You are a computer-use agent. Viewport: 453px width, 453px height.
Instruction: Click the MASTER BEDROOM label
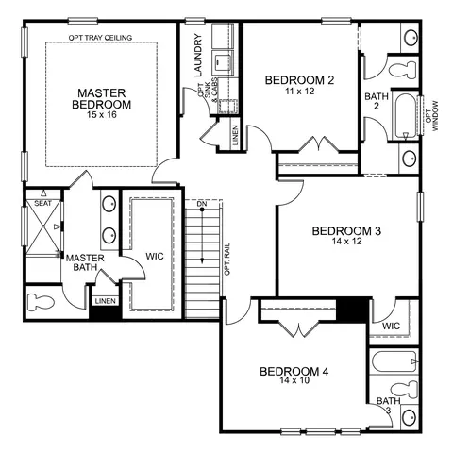pyautogui.click(x=101, y=98)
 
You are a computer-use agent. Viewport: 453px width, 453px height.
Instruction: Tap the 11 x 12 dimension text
pyautogui.click(x=300, y=92)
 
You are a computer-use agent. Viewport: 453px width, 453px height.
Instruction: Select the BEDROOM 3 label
pyautogui.click(x=346, y=231)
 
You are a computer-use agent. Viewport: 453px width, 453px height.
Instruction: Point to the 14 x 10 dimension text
pyautogui.click(x=294, y=380)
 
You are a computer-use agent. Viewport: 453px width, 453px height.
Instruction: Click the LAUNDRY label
pyautogui.click(x=198, y=55)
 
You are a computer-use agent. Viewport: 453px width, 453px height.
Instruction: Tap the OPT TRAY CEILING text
pyautogui.click(x=100, y=38)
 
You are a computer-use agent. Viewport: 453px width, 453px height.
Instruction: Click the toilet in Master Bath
pyautogui.click(x=41, y=302)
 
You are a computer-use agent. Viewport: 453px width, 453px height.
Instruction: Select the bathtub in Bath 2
pyautogui.click(x=405, y=116)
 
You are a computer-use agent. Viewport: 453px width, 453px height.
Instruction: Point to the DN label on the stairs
pyautogui.click(x=202, y=204)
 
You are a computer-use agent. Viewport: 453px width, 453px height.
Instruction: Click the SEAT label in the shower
pyautogui.click(x=42, y=203)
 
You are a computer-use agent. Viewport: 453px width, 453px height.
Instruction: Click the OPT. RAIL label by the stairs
pyautogui.click(x=227, y=260)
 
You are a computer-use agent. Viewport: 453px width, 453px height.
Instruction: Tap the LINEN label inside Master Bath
pyautogui.click(x=106, y=301)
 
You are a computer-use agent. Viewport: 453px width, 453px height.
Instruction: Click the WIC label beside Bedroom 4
pyautogui.click(x=391, y=326)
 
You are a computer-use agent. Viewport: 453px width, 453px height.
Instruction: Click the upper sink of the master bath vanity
pyautogui.click(x=109, y=204)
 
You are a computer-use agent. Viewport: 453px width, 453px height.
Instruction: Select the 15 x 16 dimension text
pyautogui.click(x=102, y=114)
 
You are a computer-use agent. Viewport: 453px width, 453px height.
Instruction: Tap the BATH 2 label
pyautogui.click(x=377, y=101)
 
